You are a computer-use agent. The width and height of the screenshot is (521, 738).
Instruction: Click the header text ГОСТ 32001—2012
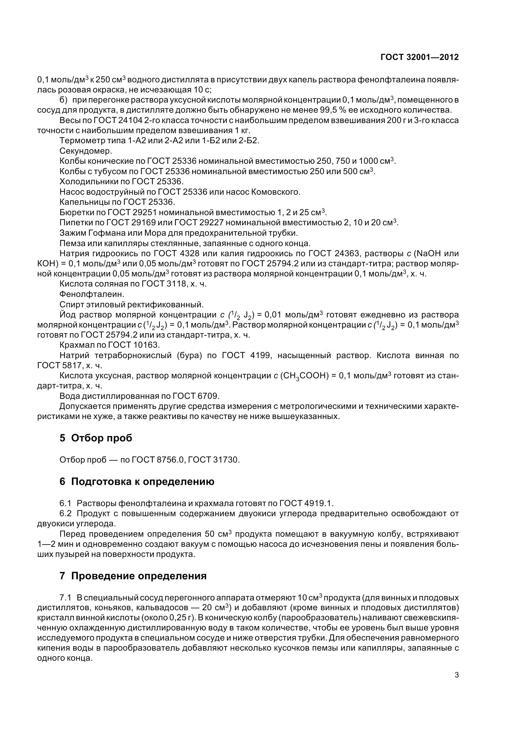point(419,57)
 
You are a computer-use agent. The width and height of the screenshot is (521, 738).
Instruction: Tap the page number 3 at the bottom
point(456,675)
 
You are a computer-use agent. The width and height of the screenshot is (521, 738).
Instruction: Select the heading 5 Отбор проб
point(96,438)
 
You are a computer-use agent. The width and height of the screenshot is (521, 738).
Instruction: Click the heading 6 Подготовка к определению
point(137,481)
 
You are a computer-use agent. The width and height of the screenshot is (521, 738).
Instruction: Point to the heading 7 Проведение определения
point(133,576)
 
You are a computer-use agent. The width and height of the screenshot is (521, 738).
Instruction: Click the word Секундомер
point(86,151)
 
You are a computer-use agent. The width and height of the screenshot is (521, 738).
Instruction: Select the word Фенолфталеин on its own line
point(92,294)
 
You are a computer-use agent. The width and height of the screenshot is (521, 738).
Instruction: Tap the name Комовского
point(275,192)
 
